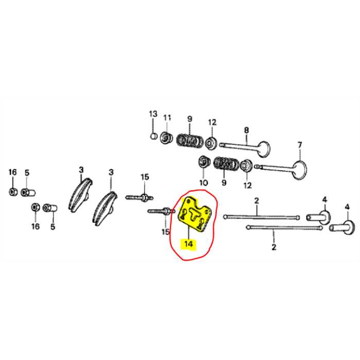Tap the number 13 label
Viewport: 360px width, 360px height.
153,114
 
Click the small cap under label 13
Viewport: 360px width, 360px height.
153,136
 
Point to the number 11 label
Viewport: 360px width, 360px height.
167,118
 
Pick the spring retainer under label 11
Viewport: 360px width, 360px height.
167,138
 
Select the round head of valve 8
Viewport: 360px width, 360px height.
262,149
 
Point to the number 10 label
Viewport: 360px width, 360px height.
203,182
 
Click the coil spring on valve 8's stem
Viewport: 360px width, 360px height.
188,139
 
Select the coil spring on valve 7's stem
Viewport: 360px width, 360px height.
224,164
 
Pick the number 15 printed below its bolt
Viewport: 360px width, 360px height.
166,232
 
